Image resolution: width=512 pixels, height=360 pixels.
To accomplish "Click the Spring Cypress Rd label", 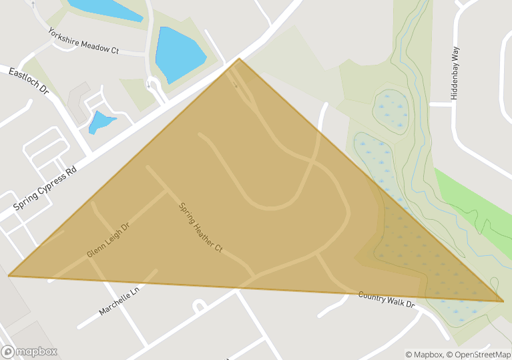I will tap(45, 189).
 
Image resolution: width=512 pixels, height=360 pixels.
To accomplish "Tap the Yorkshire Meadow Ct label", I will tap(83, 41).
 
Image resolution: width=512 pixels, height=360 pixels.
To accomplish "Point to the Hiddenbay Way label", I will tap(455, 73).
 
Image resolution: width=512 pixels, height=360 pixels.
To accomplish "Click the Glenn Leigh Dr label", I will tap(107, 240).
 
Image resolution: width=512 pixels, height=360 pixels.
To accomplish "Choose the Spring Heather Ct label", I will tap(200, 227).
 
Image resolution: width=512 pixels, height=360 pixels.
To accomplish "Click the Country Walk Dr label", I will tap(387, 299).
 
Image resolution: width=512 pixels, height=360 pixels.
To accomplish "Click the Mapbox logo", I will tap(29, 351).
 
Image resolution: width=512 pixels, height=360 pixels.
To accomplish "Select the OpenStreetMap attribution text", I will tap(480, 355).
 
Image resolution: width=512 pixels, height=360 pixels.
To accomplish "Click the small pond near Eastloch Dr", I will tap(101, 122).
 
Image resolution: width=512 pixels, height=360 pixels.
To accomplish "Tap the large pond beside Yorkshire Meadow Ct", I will tap(178, 53).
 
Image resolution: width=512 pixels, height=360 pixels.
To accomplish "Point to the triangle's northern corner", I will tap(239, 59).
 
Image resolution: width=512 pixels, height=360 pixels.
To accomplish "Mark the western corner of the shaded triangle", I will tap(9, 275).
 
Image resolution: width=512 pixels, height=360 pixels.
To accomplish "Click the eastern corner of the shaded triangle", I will tap(503, 301).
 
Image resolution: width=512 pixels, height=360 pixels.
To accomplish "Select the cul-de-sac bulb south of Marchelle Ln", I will tap(198, 307).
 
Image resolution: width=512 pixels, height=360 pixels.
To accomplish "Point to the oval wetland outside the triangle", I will tap(390, 110).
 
